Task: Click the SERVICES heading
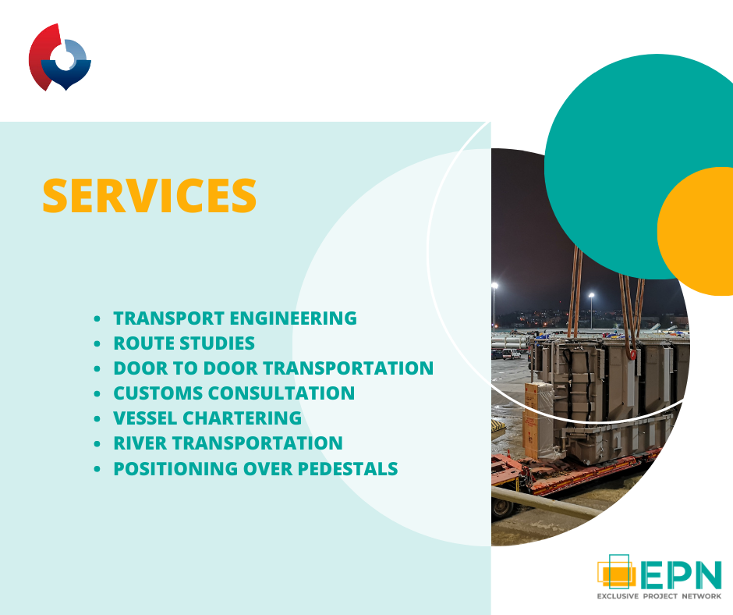(149, 196)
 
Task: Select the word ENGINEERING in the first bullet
(293, 318)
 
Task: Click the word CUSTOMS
(158, 393)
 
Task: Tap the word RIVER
(140, 443)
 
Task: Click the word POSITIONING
(175, 468)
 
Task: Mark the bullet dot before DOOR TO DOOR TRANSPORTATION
(97, 368)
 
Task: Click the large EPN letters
(681, 574)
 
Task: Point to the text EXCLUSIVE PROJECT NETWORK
(659, 595)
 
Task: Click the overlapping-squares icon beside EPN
(617, 571)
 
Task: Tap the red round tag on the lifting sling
(633, 354)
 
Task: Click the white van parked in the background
(511, 354)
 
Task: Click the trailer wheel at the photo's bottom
(501, 509)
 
